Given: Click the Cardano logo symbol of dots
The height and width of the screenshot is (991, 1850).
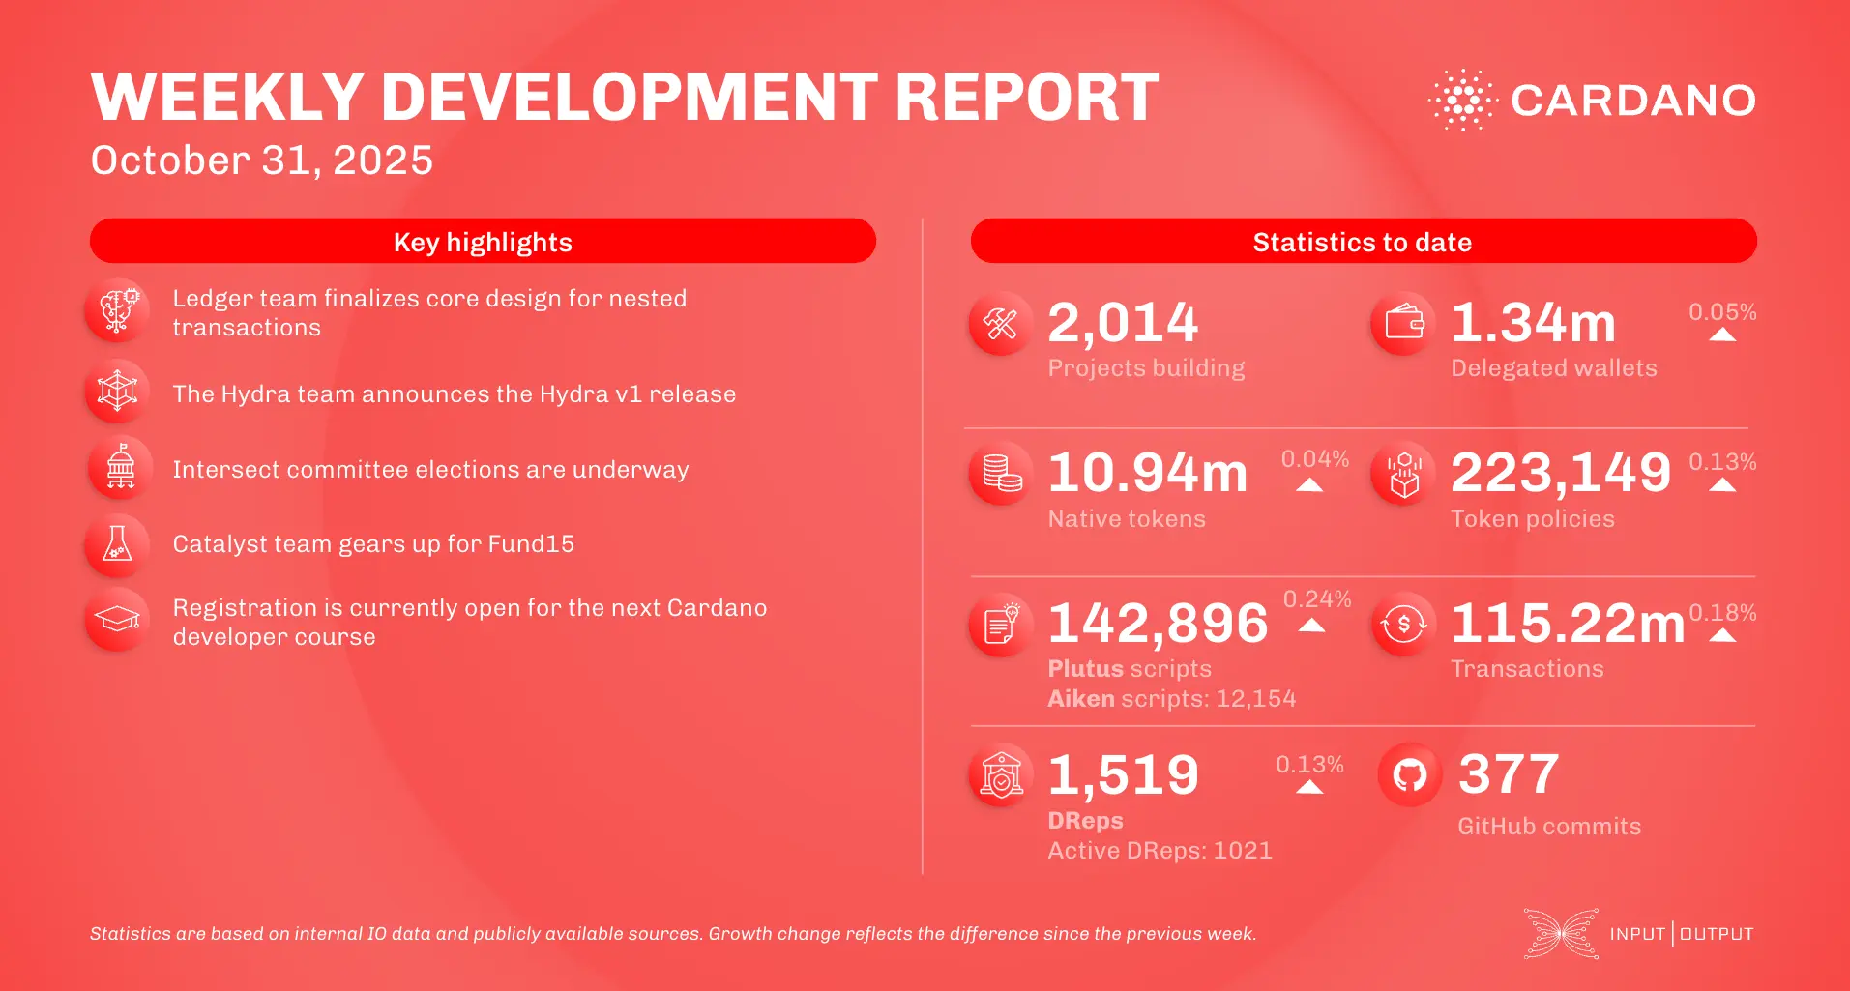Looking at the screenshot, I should (x=1463, y=100).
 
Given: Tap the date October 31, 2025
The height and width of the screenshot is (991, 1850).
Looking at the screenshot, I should (x=261, y=160).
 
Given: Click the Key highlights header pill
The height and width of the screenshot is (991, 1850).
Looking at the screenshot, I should (x=483, y=242).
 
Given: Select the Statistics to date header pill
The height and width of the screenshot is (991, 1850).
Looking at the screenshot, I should (x=1363, y=242).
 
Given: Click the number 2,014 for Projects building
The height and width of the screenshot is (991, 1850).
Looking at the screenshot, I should (x=1123, y=323).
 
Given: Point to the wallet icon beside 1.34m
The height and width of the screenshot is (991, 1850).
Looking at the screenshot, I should (x=1403, y=323).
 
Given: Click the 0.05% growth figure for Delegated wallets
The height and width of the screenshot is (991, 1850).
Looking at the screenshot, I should (x=1721, y=312).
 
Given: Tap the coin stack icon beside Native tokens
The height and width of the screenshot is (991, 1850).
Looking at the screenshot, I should (x=1001, y=473).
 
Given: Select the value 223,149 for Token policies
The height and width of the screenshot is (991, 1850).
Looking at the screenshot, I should (x=1560, y=473).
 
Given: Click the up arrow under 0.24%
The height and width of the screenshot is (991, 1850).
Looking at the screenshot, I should (x=1311, y=626).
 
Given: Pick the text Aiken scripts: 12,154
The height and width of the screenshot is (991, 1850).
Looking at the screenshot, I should (x=1171, y=699).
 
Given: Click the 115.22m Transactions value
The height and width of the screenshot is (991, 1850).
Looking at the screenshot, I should (x=1567, y=624).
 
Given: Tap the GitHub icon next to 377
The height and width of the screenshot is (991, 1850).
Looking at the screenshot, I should (x=1409, y=774).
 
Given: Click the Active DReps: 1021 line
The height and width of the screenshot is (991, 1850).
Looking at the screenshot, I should (x=1160, y=851).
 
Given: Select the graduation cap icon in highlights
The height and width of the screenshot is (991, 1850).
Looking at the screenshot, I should (x=117, y=619).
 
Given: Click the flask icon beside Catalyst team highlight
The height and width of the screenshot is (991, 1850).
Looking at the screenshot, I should (x=117, y=545).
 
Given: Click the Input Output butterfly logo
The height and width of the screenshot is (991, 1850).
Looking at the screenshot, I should (x=1561, y=934).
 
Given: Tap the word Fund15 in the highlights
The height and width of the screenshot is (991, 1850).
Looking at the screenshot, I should (x=531, y=544).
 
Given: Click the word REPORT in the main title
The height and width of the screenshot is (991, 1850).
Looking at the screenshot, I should (x=1026, y=98).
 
